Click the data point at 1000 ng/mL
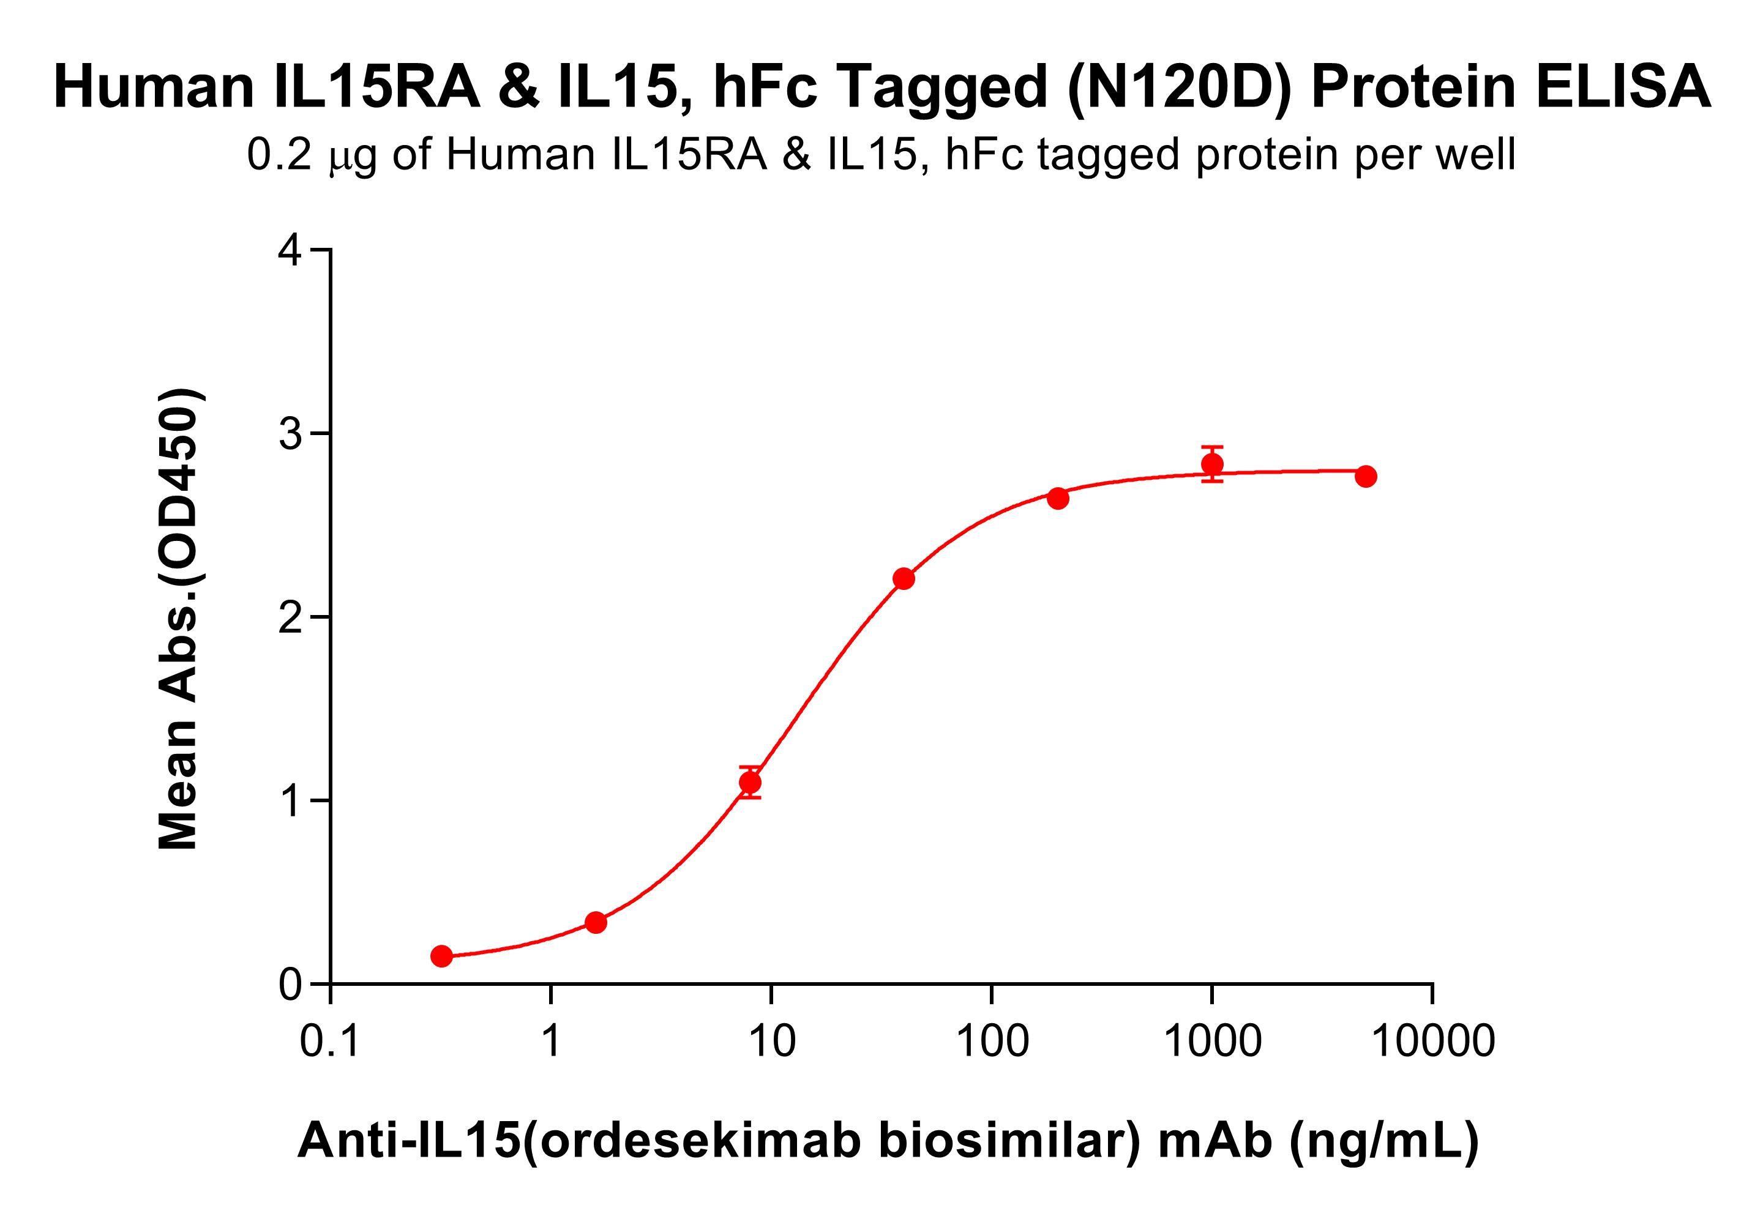point(1211,464)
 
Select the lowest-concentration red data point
point(441,955)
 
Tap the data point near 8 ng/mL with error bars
point(750,782)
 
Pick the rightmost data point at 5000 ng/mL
point(1366,477)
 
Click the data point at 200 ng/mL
point(1057,499)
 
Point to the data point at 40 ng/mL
point(904,579)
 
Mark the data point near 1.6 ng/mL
point(596,923)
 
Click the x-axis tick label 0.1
point(331,1041)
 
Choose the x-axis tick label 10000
point(1433,1041)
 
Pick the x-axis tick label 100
point(992,1041)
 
